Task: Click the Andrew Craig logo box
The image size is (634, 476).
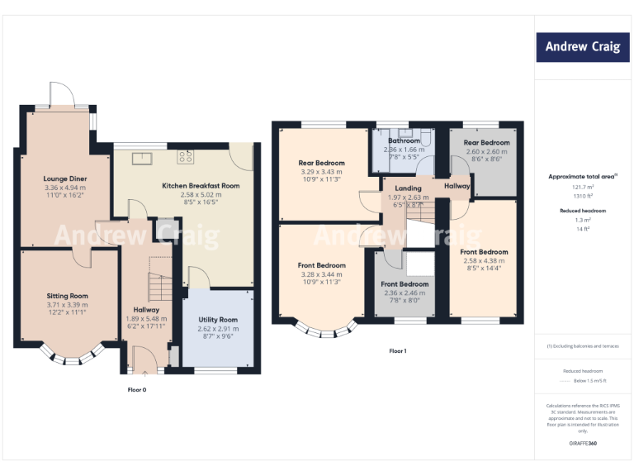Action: [582, 47]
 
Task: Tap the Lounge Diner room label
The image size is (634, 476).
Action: [65, 178]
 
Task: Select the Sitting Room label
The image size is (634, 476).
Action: [67, 296]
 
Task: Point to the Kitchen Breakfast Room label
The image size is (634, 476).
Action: [201, 186]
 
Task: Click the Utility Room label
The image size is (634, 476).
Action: [218, 320]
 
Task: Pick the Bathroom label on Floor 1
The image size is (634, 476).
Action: [405, 141]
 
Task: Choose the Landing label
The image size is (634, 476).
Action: [408, 188]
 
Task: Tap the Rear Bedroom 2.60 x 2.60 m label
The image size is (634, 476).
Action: [486, 143]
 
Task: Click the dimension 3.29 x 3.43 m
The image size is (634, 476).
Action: [321, 171]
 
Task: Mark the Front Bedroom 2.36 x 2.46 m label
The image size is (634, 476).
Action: [405, 284]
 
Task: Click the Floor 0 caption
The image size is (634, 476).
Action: [137, 388]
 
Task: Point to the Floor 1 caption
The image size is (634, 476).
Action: [398, 351]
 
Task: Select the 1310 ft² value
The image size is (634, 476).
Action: [583, 196]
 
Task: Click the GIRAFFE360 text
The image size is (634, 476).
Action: [583, 445]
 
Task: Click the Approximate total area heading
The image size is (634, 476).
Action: [581, 177]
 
